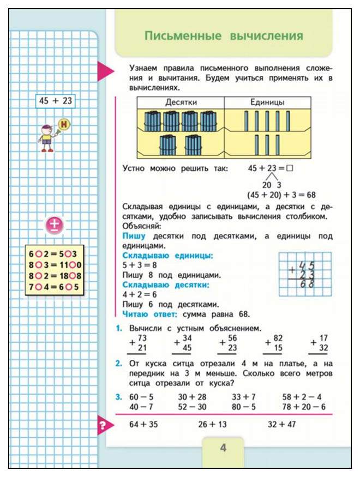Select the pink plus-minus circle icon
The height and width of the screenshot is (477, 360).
(55, 225)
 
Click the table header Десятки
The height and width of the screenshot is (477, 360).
(180, 102)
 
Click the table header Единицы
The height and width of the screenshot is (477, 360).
(267, 102)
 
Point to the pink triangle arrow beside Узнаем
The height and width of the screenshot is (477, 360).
(105, 71)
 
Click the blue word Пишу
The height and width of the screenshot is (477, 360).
(134, 236)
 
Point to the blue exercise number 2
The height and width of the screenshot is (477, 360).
(118, 363)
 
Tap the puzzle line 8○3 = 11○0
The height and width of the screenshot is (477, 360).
(55, 265)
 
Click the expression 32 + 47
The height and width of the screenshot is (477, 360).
(281, 424)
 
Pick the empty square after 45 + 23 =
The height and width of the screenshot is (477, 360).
(290, 169)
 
